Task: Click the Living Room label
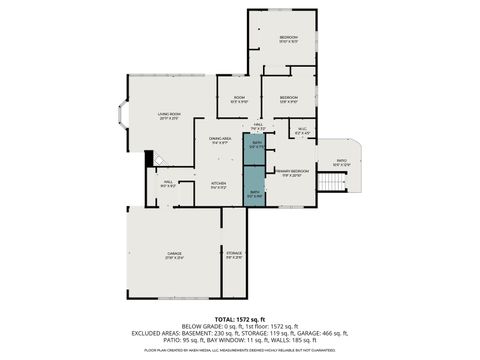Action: click(168, 116)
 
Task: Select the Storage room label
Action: click(234, 256)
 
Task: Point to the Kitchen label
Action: click(218, 185)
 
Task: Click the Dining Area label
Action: click(220, 141)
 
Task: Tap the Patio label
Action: click(341, 162)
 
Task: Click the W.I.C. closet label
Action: click(303, 131)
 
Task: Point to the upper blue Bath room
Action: click(257, 146)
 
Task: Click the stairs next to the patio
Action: click(350, 186)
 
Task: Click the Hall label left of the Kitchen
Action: click(169, 184)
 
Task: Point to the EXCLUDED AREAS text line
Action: click(240, 333)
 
